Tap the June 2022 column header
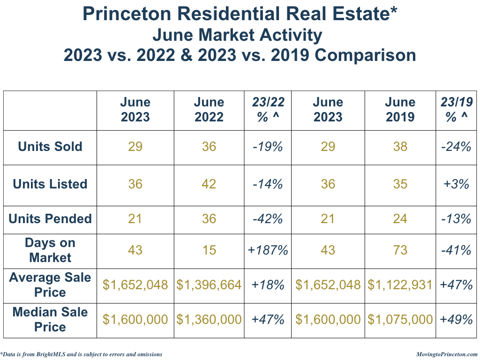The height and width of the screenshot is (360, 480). (x=209, y=110)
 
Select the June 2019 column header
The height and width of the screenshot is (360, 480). (x=400, y=110)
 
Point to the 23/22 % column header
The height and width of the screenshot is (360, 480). (x=268, y=110)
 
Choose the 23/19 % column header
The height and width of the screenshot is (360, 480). (x=457, y=110)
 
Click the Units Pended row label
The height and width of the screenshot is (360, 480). (x=50, y=219)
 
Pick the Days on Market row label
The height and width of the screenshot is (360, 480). (x=50, y=250)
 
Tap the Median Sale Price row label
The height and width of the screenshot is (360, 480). (x=50, y=319)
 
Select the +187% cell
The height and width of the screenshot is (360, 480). (x=268, y=250)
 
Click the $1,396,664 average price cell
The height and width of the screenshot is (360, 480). (x=209, y=285)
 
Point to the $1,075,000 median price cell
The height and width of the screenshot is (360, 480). (x=400, y=320)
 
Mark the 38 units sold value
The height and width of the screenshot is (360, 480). (x=400, y=147)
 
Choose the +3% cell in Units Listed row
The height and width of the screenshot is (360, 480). (x=457, y=184)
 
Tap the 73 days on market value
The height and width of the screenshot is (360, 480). (x=400, y=250)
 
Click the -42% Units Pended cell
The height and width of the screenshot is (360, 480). (x=268, y=219)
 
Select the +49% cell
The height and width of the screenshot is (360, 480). (x=457, y=320)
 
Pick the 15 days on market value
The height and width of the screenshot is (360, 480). (x=209, y=250)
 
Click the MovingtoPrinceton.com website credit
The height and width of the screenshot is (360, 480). (x=447, y=354)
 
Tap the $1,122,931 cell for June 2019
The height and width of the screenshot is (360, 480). (x=400, y=285)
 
